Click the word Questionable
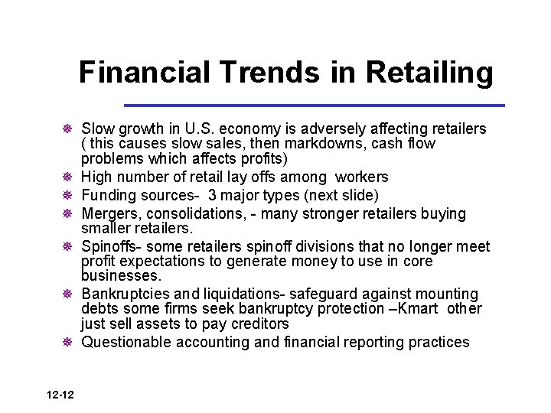[127, 343]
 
